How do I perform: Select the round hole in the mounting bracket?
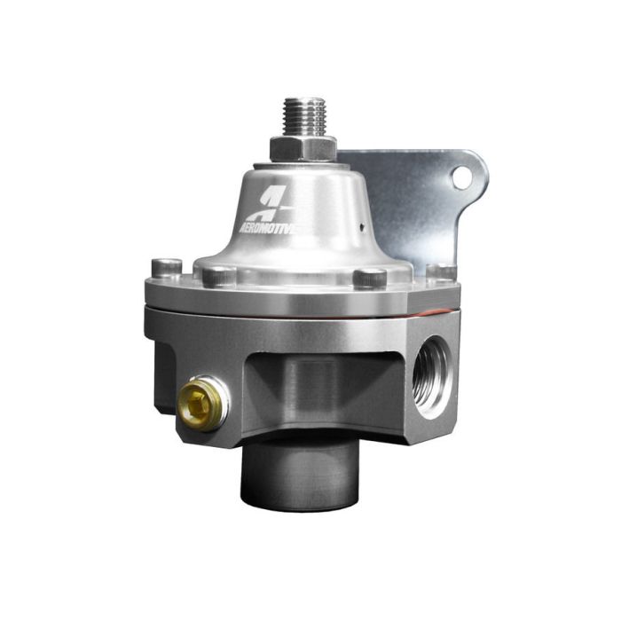coord(460,177)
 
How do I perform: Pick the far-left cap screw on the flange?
coord(166,267)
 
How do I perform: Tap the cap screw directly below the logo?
coord(218,276)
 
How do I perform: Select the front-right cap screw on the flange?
coord(370,278)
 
